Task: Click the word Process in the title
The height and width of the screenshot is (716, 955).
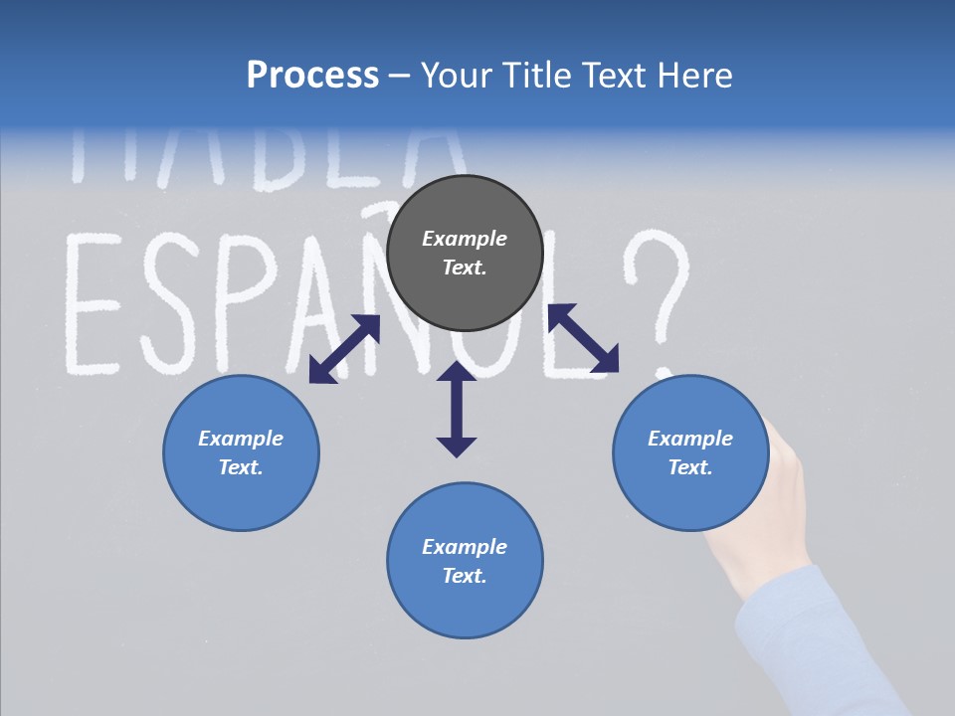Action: [312, 76]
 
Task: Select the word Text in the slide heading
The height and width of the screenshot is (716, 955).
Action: [612, 76]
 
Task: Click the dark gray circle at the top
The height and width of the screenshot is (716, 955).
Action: [465, 254]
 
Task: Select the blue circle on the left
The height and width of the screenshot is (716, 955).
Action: [241, 453]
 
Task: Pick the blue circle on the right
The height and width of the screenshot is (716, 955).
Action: [690, 453]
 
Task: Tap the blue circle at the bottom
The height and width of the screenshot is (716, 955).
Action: [465, 561]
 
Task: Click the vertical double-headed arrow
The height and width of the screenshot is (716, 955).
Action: [457, 409]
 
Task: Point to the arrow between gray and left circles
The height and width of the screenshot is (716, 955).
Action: [344, 349]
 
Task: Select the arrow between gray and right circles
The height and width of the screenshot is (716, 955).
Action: [583, 338]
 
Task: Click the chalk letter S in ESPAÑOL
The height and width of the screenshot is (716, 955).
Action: [170, 303]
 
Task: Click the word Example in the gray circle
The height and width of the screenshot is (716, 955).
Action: [465, 239]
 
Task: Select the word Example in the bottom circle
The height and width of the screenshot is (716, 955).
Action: [465, 547]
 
